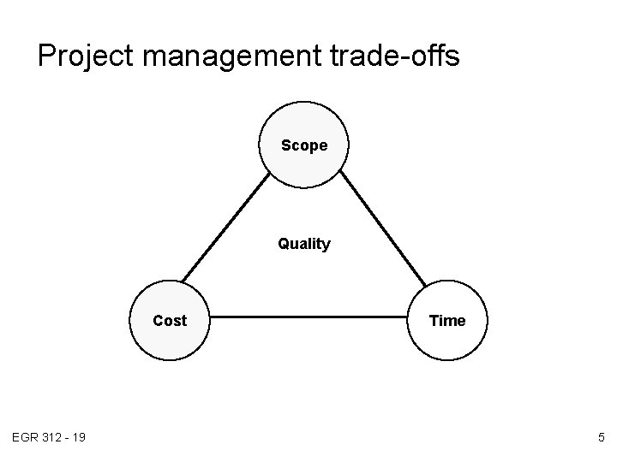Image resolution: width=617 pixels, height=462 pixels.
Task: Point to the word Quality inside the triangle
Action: coord(304,244)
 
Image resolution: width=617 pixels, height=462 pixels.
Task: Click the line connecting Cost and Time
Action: coord(308,321)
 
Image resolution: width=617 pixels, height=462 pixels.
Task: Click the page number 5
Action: coord(601,438)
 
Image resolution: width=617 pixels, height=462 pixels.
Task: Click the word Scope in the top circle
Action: coord(304,145)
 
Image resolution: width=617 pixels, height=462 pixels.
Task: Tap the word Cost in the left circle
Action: coord(170,321)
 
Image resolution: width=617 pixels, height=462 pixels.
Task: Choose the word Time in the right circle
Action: coord(446,321)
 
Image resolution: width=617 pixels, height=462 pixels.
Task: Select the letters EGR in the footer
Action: coord(23,438)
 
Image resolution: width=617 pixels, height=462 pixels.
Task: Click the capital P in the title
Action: coord(47,56)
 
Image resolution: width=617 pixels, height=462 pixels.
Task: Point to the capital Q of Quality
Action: coord(284,244)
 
